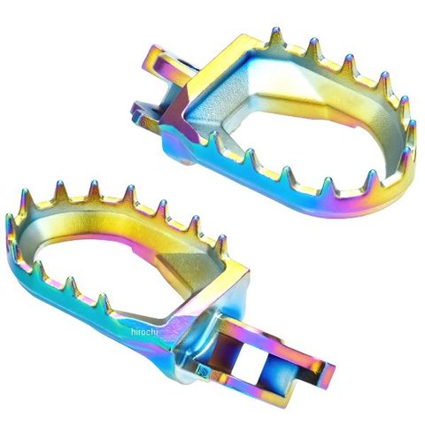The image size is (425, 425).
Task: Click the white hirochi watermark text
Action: click(x=144, y=332)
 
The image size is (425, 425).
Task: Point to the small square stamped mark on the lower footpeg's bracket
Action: click(x=204, y=370)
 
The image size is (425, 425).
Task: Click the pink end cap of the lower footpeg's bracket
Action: click(x=328, y=375)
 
